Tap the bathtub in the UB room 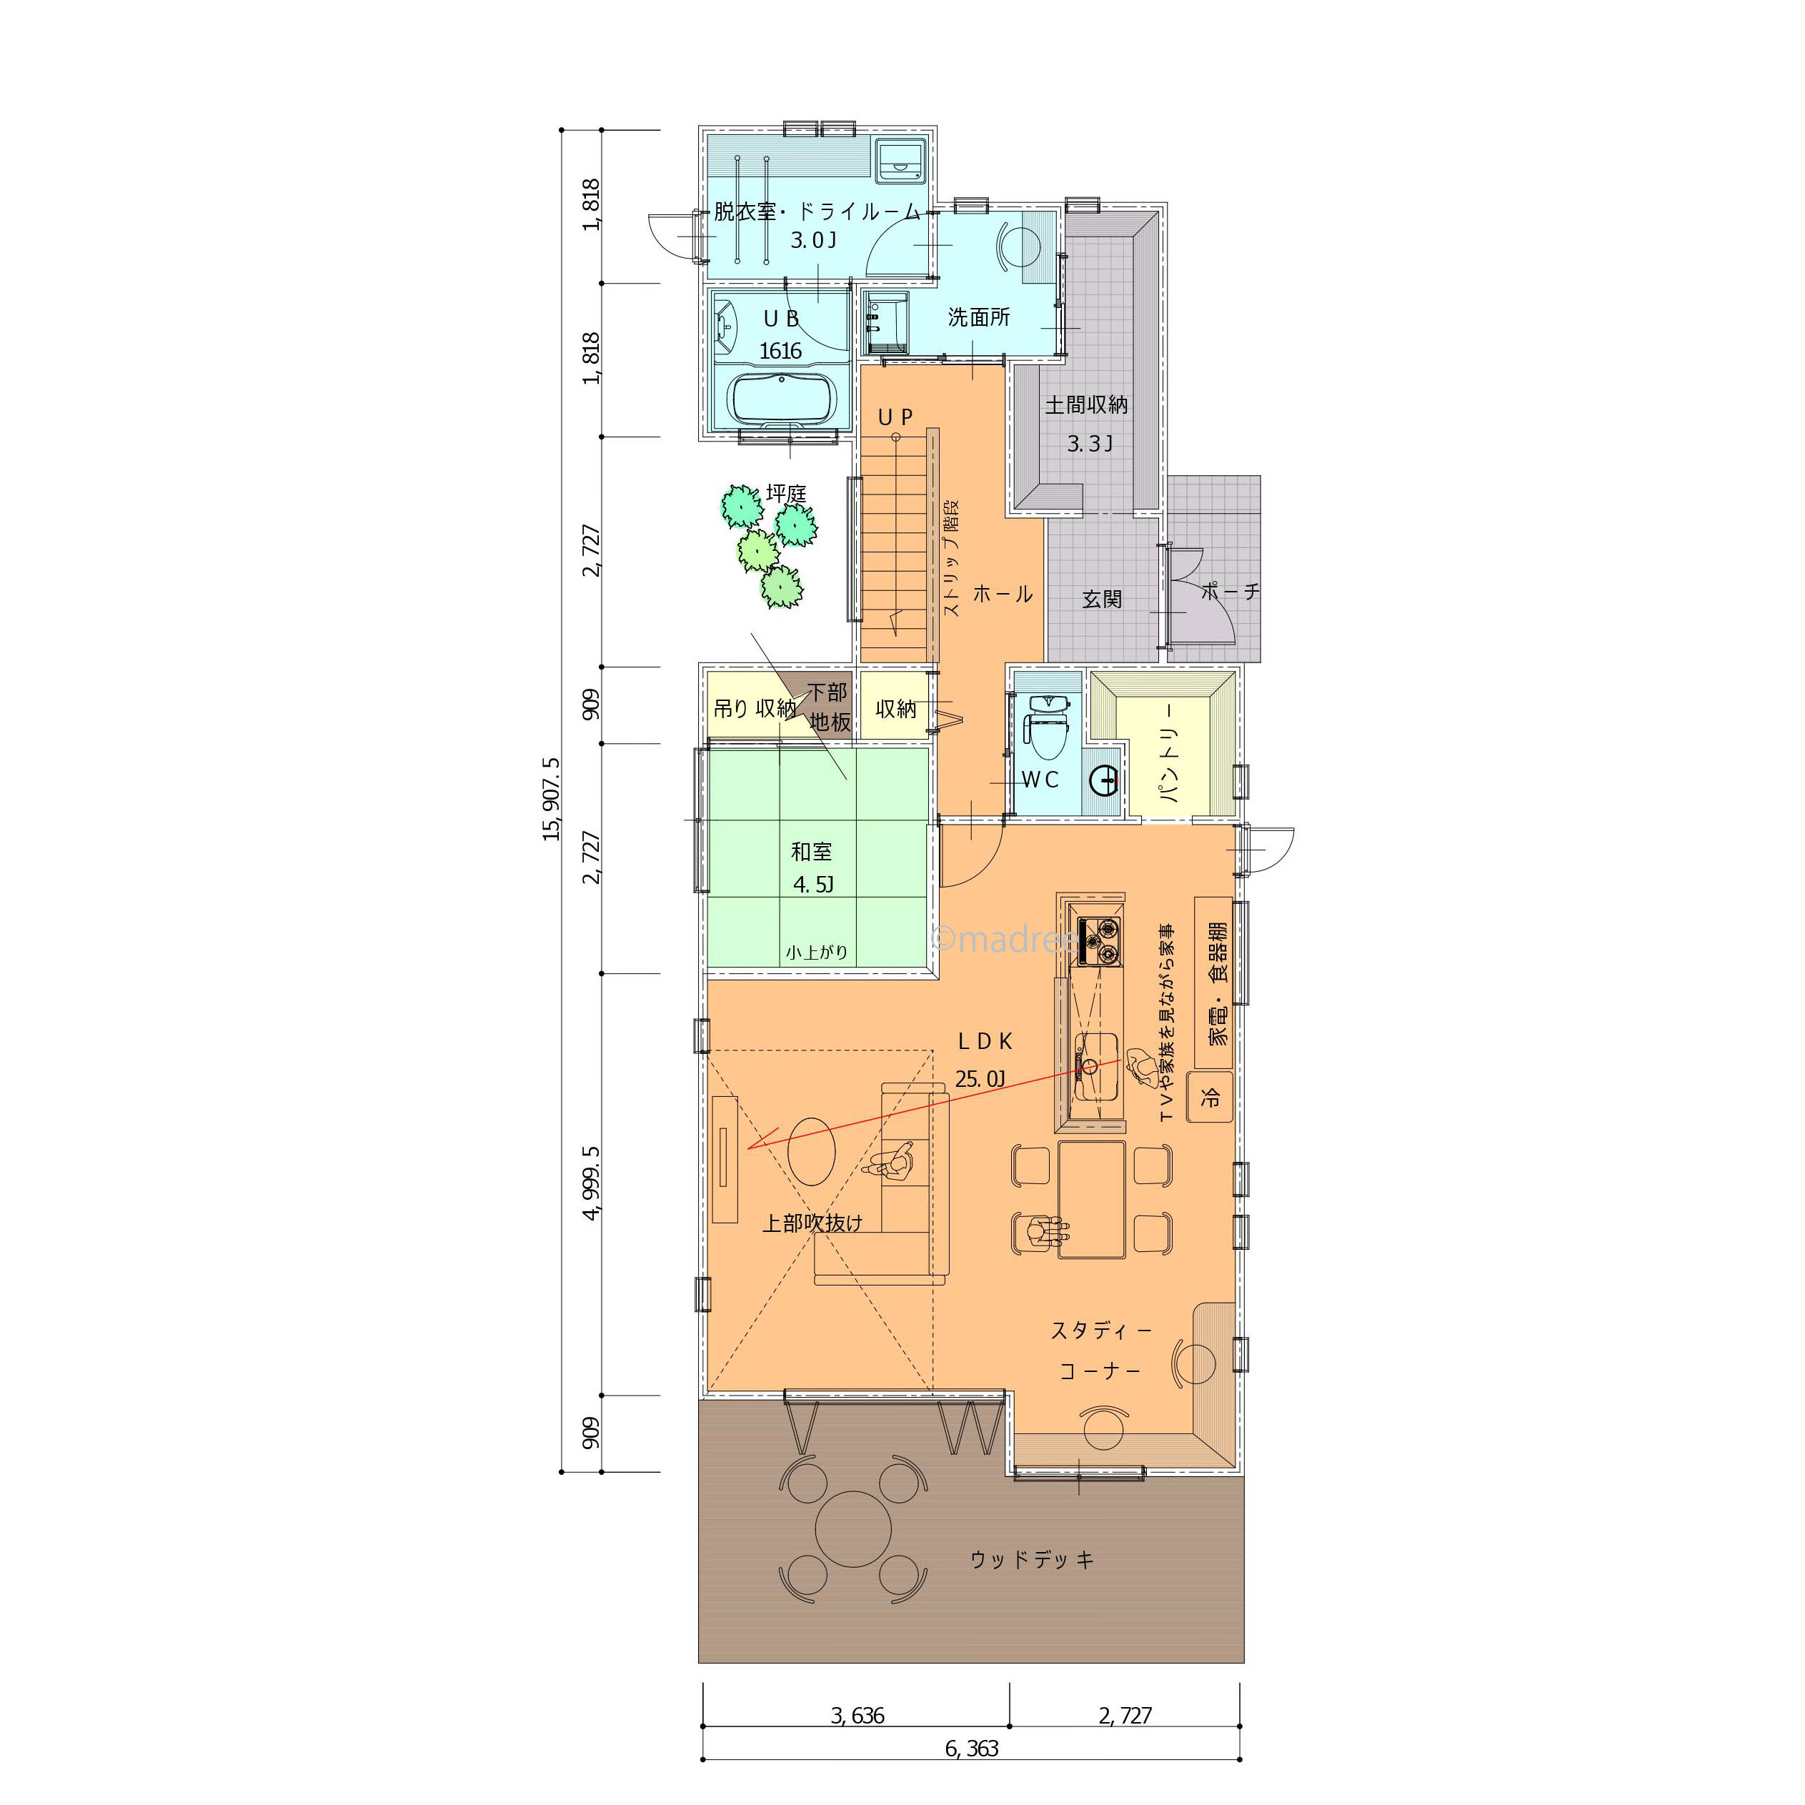[781, 399]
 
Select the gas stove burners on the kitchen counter [1099, 941]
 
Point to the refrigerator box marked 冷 [1210, 1096]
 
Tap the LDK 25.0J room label [984, 1060]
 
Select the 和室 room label [811, 852]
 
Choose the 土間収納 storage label [1087, 405]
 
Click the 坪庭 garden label [786, 493]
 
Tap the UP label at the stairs [895, 417]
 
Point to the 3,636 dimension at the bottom [857, 1715]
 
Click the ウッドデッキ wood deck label [1031, 1559]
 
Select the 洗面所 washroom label [979, 318]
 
